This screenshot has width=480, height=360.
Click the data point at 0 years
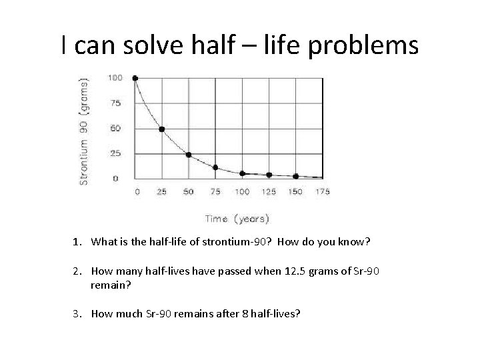pos(135,78)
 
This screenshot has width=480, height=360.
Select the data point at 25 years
pos(161,129)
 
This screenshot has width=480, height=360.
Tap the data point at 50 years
pos(189,155)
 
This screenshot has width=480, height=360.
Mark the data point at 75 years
pos(215,167)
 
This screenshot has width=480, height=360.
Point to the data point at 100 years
pos(242,173)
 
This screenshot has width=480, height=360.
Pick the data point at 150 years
pos(295,176)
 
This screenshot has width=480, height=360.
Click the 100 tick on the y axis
pos(115,78)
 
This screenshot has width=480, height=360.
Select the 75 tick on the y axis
pos(116,103)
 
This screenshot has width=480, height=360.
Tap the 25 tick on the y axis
pos(116,153)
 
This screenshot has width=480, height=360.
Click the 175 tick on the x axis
pos(322,192)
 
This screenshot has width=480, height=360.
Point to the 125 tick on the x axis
pos(269,192)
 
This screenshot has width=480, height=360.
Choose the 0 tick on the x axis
pos(137,192)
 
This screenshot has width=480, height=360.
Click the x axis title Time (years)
pos(237,218)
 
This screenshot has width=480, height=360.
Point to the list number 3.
pos(76,311)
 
